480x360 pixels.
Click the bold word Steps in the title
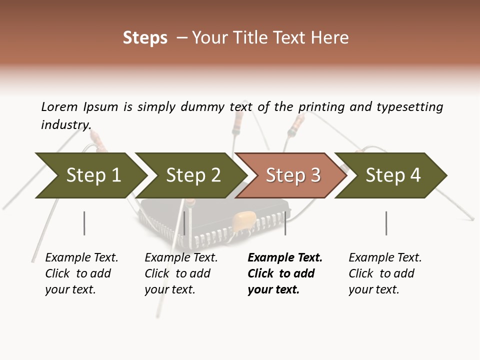coord(145,38)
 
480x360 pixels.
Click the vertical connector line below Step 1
coord(84,223)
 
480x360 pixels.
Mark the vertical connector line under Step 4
coord(386,223)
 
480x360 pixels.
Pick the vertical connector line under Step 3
coord(285,223)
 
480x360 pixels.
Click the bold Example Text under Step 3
coord(285,258)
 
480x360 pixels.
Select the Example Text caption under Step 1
coord(81,258)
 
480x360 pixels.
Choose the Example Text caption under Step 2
coord(181,258)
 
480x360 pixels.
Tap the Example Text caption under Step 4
coord(385,258)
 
